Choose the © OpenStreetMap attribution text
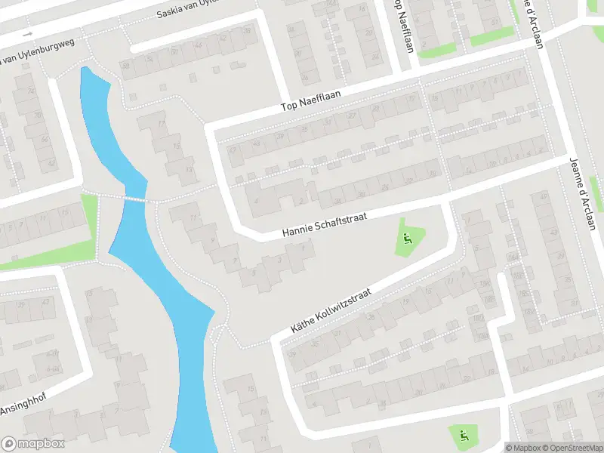pos(572,448)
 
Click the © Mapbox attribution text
pos(523,448)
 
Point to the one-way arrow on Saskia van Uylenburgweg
pos(28,34)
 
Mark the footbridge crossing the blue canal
pos(135,199)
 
